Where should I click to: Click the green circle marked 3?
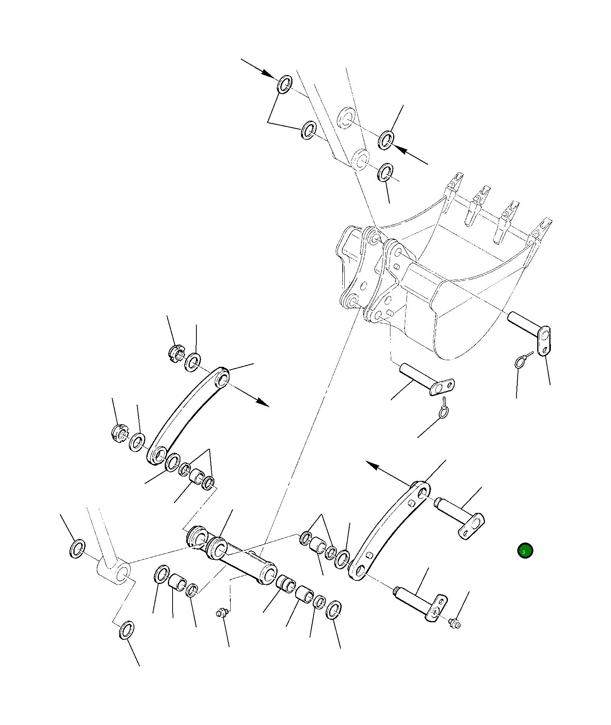coord(525,551)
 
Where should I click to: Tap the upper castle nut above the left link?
coord(176,354)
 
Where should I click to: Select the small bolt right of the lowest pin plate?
coord(454,623)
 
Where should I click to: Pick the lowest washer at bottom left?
coord(126,630)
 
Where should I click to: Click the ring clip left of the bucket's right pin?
coord(520,362)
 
